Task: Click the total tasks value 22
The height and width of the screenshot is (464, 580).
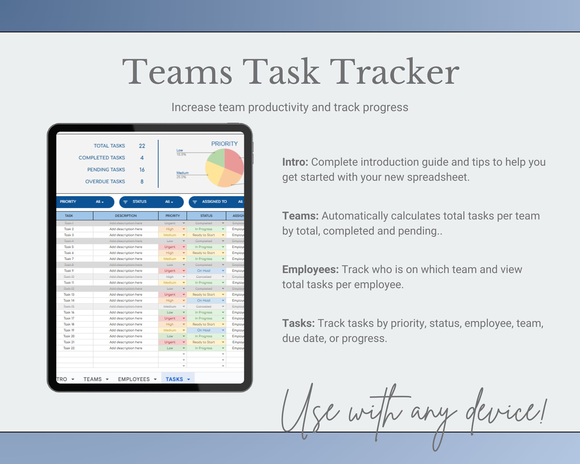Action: (142, 146)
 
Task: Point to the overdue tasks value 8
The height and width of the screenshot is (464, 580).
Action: (142, 182)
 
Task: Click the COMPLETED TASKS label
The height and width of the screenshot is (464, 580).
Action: (102, 158)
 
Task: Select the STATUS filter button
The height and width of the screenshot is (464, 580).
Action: (151, 202)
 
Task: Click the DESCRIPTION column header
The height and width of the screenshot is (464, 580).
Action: (126, 216)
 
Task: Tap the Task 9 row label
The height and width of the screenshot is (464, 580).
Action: (69, 271)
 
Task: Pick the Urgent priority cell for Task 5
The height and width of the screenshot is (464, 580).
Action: (170, 247)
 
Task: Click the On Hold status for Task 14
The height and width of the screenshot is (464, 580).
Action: (204, 300)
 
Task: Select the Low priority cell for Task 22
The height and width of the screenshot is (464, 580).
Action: (170, 348)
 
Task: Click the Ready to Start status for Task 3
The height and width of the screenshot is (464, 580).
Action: (204, 235)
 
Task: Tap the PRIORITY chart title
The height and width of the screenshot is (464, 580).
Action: (224, 144)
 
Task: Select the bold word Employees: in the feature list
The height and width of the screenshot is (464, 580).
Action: (310, 269)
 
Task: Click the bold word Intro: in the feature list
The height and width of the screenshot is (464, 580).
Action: (295, 162)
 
